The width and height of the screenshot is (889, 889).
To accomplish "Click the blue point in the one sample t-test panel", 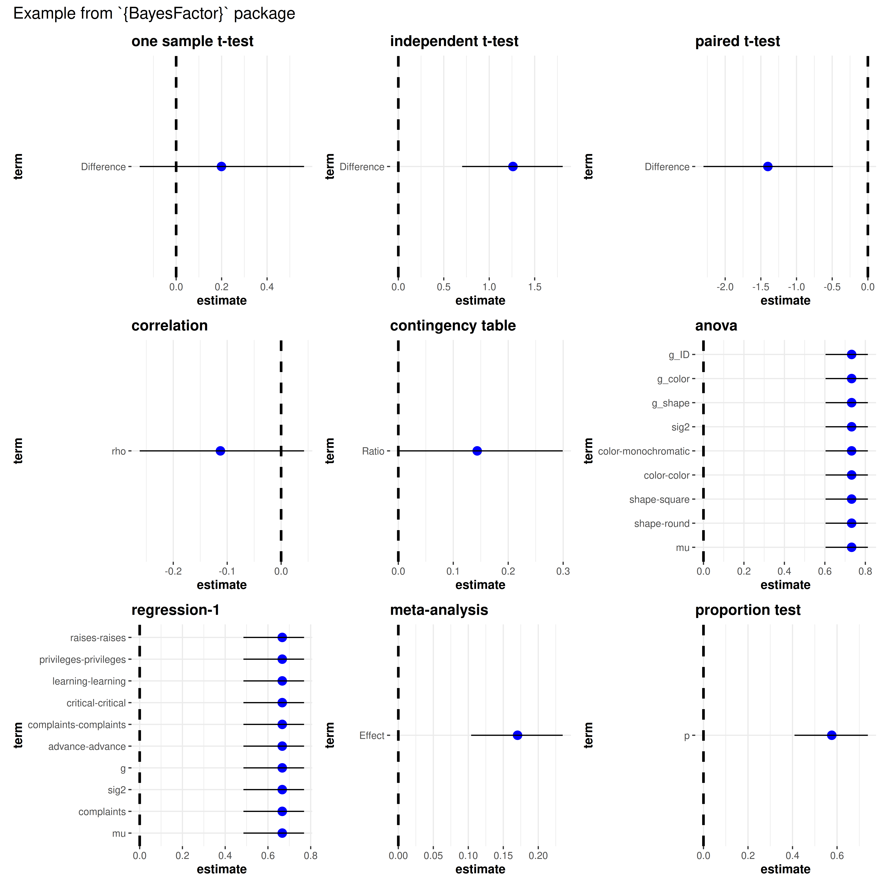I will click(x=221, y=167).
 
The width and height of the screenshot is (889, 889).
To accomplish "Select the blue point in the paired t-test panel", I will click(x=768, y=167).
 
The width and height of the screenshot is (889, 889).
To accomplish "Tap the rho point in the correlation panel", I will click(x=220, y=451).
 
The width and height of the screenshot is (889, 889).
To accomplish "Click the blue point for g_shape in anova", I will click(x=851, y=403).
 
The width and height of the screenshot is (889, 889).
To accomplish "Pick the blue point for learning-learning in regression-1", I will click(x=282, y=681).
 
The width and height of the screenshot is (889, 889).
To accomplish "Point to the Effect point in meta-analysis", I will click(x=517, y=735).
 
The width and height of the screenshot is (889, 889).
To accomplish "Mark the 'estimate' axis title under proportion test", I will click(x=785, y=869).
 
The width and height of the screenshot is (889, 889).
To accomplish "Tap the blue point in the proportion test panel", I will click(x=832, y=735).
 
